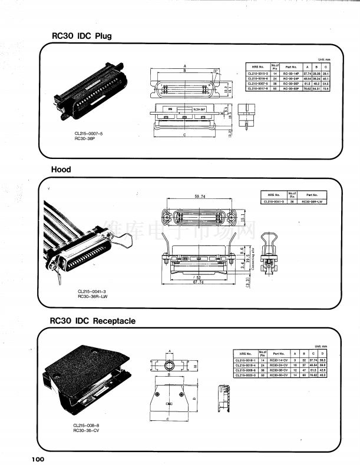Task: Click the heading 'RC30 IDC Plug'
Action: [81, 36]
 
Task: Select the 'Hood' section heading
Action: [61, 170]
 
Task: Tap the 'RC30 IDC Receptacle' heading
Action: [93, 321]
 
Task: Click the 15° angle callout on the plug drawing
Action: [216, 71]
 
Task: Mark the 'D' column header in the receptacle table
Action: [323, 353]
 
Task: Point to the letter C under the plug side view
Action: [186, 135]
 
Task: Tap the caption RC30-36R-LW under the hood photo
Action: [93, 297]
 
